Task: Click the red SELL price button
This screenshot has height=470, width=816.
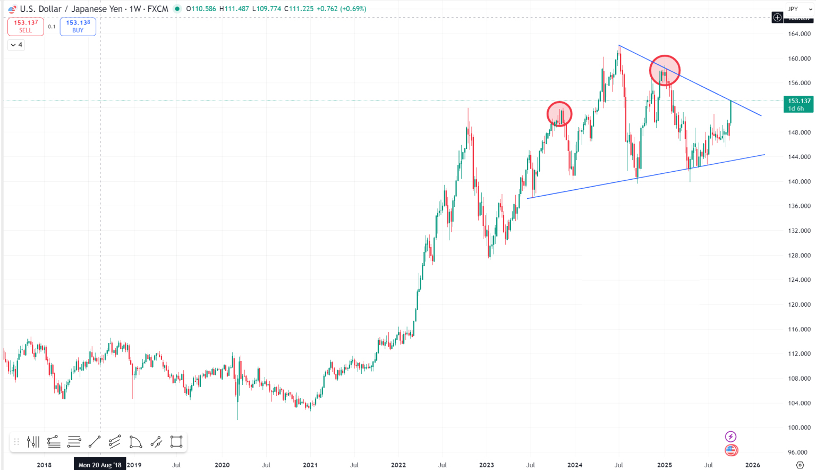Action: pyautogui.click(x=25, y=27)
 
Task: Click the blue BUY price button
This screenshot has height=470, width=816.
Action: pyautogui.click(x=78, y=27)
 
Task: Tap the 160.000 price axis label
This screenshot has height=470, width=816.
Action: pyautogui.click(x=799, y=58)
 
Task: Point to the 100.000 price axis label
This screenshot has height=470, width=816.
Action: pyautogui.click(x=799, y=427)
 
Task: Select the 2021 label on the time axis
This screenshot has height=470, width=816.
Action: pyautogui.click(x=310, y=465)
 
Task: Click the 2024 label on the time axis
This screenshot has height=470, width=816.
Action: pyautogui.click(x=575, y=465)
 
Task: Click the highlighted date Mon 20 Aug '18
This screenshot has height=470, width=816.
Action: pyautogui.click(x=100, y=465)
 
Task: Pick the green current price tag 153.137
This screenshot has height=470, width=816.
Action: pyautogui.click(x=798, y=104)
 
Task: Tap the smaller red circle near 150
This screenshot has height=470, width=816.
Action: pyautogui.click(x=559, y=114)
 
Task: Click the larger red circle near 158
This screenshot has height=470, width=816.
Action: pyautogui.click(x=665, y=70)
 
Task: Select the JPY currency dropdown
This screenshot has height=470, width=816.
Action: pyautogui.click(x=800, y=9)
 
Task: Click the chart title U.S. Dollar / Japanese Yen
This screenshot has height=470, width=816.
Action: pyautogui.click(x=71, y=9)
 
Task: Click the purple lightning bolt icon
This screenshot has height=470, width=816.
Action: pyautogui.click(x=731, y=437)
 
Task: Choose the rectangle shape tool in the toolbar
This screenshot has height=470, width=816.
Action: pyautogui.click(x=176, y=442)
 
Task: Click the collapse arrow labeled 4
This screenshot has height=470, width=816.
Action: pyautogui.click(x=16, y=45)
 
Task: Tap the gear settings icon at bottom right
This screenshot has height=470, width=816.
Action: pyautogui.click(x=800, y=465)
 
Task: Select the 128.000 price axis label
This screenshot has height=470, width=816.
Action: pyautogui.click(x=799, y=255)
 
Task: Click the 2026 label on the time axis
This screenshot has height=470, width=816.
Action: pyautogui.click(x=752, y=465)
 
